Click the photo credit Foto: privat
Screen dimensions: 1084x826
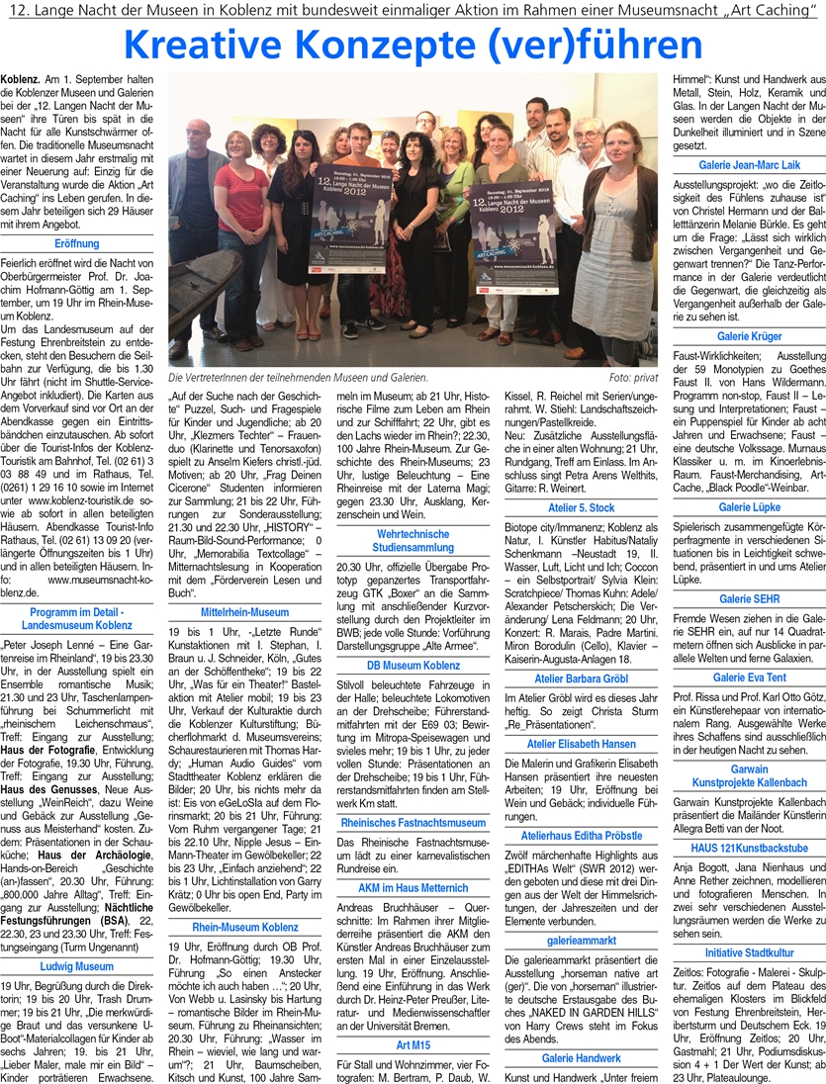click(x=632, y=377)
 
